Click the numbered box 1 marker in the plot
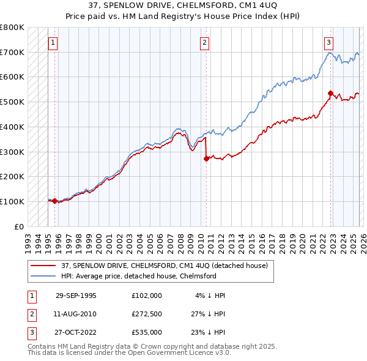(x=53, y=43)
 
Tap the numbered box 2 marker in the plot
(x=204, y=43)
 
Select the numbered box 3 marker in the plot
(x=329, y=43)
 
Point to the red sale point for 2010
(x=206, y=158)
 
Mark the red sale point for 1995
(x=55, y=201)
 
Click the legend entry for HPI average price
(x=138, y=276)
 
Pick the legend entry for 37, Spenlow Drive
(x=164, y=266)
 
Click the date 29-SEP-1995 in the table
(x=76, y=296)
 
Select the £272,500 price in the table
(x=147, y=314)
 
